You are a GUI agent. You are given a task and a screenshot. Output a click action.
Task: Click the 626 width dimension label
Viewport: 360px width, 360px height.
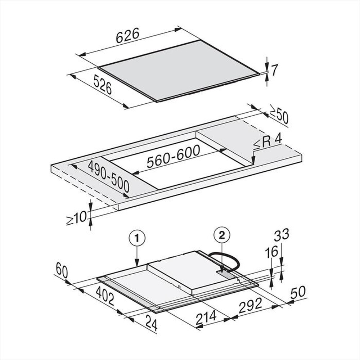click(127, 36)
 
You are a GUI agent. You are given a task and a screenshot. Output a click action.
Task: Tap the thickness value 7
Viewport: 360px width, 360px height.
click(274, 71)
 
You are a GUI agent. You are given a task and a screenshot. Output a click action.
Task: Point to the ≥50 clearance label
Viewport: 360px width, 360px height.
click(279, 116)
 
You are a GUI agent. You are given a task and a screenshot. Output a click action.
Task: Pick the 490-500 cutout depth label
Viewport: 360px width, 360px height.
click(108, 176)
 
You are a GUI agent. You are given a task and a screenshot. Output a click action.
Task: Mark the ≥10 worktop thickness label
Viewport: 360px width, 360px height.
click(76, 217)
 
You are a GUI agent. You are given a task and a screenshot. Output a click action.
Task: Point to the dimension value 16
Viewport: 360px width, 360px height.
click(272, 252)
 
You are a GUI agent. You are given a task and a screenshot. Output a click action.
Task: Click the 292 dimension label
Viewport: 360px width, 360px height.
click(251, 306)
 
